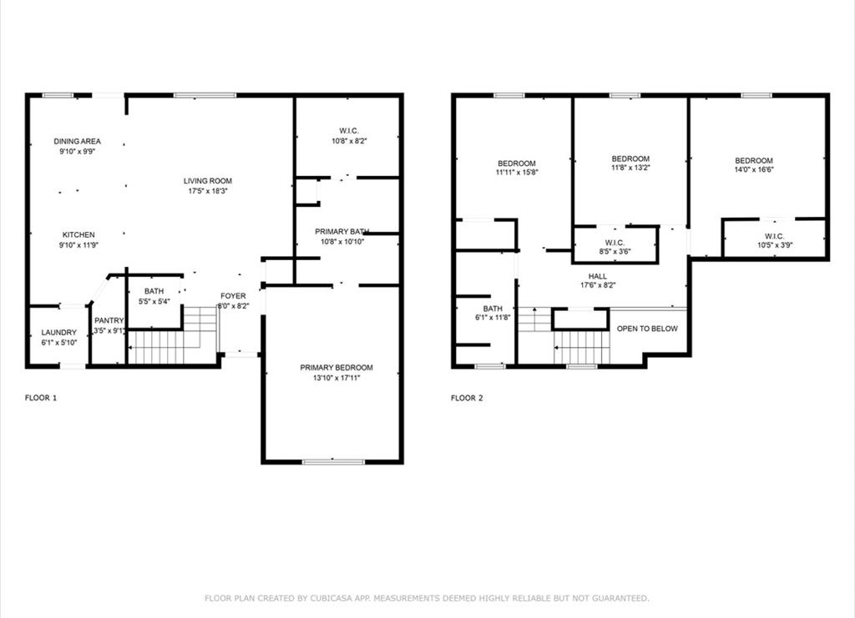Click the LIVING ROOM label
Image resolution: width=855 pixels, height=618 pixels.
(x=208, y=181)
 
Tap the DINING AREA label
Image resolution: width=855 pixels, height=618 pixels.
(x=78, y=141)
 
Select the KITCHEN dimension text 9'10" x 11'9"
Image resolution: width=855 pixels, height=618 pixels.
(x=78, y=245)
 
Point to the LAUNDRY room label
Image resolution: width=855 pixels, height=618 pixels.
(x=59, y=332)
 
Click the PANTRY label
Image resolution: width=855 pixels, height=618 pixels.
(x=109, y=320)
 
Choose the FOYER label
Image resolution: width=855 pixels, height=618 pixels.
(x=233, y=296)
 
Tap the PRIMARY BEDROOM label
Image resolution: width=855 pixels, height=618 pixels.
(x=336, y=368)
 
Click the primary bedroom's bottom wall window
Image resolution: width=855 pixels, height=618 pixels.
(x=333, y=462)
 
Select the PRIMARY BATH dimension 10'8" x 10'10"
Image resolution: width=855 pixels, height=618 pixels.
(x=342, y=242)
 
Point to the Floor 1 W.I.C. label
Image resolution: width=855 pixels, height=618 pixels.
(x=349, y=131)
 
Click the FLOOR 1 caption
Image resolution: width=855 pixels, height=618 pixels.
(x=41, y=398)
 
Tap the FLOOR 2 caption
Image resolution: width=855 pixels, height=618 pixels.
(x=467, y=398)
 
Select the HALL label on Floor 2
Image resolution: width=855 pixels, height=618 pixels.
(x=598, y=276)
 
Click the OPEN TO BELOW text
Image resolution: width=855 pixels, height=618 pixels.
(x=647, y=329)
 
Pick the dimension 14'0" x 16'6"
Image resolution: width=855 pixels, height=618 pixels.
(x=754, y=169)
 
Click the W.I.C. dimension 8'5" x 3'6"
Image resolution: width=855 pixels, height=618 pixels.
(x=615, y=252)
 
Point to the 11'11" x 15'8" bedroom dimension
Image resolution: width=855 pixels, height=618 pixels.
(x=517, y=172)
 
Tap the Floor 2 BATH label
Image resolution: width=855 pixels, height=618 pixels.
(x=493, y=309)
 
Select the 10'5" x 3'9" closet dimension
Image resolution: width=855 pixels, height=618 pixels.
(x=775, y=245)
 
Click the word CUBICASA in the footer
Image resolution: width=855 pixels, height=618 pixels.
(x=331, y=598)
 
